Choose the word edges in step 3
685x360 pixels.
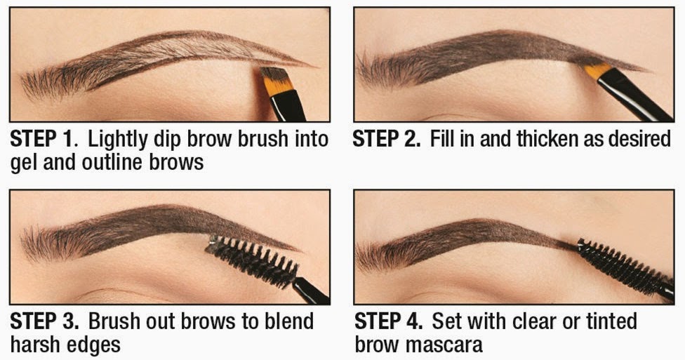tap(96, 345)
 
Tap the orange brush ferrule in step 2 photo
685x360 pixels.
tap(597, 71)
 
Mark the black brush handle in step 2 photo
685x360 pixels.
tap(635, 95)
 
